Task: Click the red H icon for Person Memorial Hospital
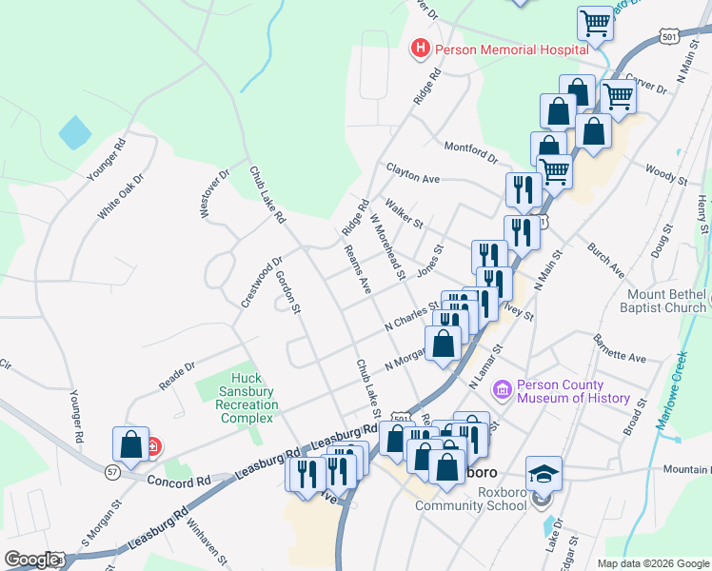[x=418, y=48]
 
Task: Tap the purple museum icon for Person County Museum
[x=502, y=390]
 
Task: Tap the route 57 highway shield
[x=111, y=470]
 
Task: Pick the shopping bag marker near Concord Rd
[x=130, y=445]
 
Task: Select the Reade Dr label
[x=177, y=374]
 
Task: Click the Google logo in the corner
[x=30, y=560]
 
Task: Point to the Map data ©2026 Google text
[x=652, y=563]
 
